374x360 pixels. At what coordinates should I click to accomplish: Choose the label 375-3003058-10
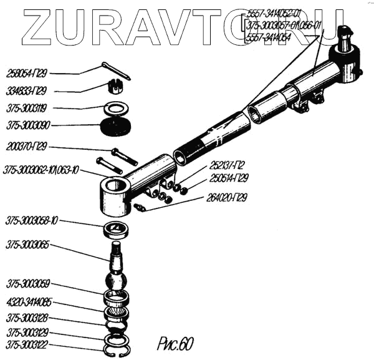tap(32, 221)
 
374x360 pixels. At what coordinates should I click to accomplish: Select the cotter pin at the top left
tap(116, 72)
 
